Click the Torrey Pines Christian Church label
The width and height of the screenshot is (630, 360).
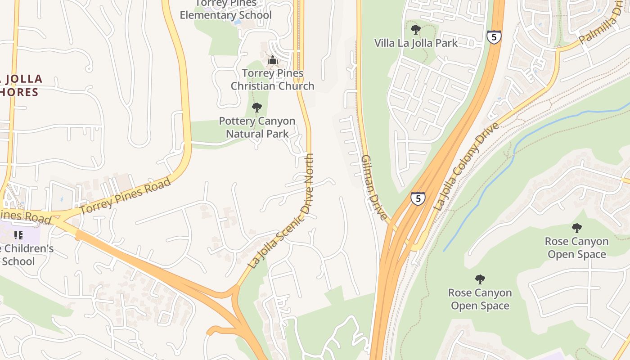272,80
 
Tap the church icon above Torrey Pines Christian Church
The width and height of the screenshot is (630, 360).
272,60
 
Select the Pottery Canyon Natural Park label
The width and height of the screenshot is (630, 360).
257,127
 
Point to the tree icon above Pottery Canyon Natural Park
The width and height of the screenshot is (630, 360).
257,108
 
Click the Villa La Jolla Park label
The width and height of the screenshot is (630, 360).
416,43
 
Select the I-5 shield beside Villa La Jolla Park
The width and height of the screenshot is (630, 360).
494,37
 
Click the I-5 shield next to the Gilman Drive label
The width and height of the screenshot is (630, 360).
418,198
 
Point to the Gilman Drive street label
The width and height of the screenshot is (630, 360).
373,187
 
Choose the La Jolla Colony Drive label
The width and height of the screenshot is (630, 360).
467,166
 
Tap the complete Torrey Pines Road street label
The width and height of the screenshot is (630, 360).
126,196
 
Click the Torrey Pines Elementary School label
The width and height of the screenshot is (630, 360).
225,10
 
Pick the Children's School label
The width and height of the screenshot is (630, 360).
25,255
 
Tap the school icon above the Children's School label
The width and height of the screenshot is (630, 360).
18,235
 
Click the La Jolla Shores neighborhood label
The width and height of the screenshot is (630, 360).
20,85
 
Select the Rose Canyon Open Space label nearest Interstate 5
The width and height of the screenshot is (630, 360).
480,299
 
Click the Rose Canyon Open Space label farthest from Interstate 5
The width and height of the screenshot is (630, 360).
576,247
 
